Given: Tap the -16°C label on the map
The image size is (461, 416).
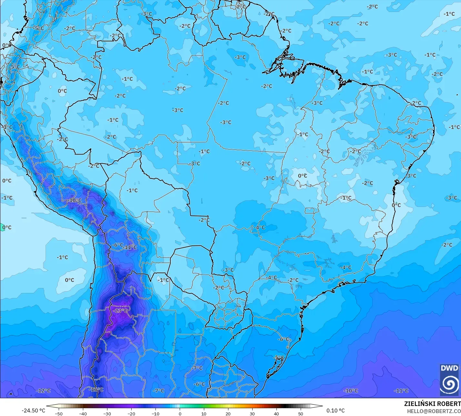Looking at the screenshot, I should (96, 389).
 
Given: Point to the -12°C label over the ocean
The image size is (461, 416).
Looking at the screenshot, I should (44, 390).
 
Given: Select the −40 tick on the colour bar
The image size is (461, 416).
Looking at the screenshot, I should (83, 413).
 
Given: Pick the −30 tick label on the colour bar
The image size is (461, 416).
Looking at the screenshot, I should (107, 413).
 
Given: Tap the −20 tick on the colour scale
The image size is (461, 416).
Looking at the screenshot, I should (131, 413).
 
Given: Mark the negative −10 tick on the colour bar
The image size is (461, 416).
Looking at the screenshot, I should (155, 413).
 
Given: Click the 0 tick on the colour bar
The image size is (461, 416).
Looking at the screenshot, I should (180, 413).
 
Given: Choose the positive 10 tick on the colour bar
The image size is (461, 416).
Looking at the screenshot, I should (204, 413).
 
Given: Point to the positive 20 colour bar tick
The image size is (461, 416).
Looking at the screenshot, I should (228, 413).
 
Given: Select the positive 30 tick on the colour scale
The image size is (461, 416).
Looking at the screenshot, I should (252, 413).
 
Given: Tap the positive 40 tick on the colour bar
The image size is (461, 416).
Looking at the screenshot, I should (276, 413).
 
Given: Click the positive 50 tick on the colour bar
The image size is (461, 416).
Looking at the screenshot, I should (301, 413).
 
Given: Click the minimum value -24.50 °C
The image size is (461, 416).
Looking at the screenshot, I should (33, 411).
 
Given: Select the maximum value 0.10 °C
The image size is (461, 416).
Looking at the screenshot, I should (336, 411).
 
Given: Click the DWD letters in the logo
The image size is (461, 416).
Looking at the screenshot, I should (449, 368).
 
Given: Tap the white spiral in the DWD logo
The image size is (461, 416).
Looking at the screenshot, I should (449, 384).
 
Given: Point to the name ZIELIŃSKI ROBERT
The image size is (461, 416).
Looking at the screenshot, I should (432, 404).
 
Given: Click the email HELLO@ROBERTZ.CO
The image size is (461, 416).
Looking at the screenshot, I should (434, 411).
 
